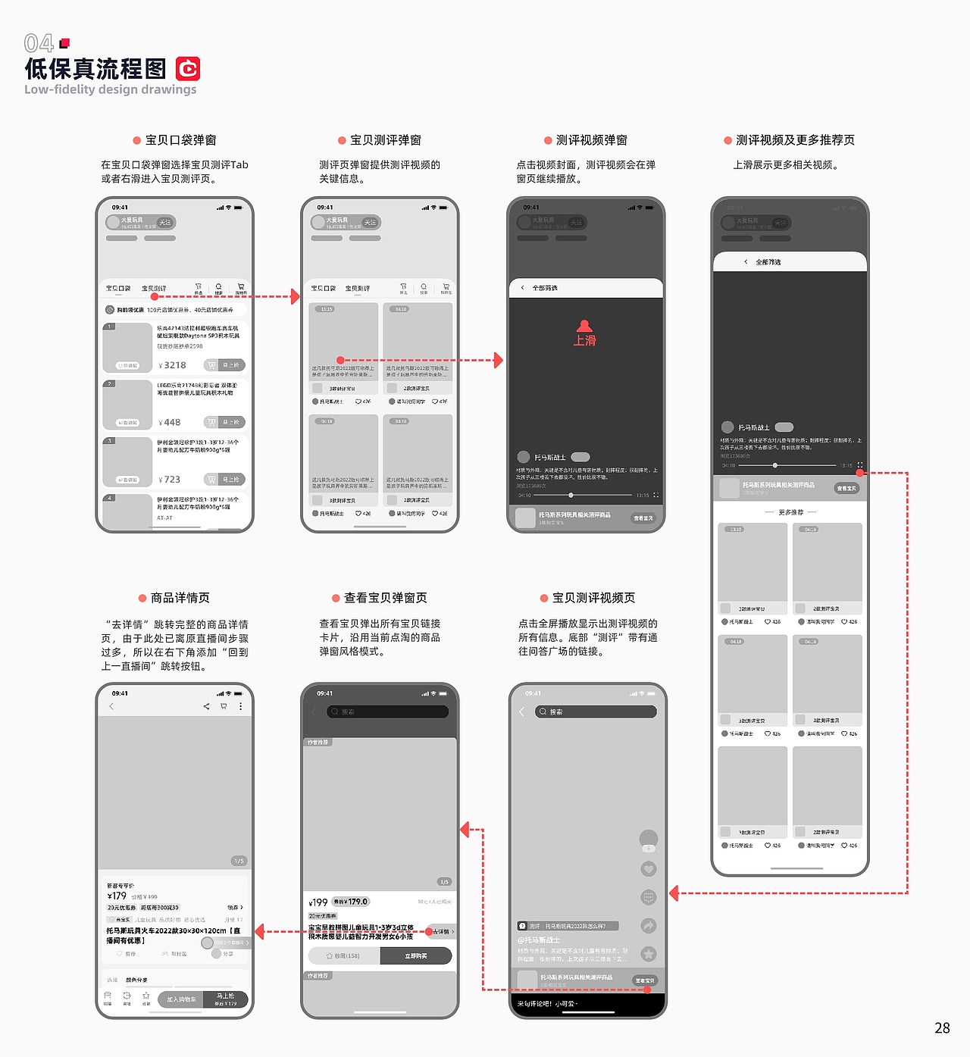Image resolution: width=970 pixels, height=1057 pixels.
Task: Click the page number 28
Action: [x=942, y=1028]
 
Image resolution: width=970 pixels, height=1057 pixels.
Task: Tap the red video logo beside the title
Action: [x=188, y=69]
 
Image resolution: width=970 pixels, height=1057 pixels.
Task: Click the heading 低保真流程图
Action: [x=95, y=69]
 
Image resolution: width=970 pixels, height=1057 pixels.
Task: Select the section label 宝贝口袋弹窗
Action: [x=180, y=140]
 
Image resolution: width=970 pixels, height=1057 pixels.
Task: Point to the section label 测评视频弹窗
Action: [x=591, y=140]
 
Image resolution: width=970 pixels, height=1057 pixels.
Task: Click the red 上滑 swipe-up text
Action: [x=584, y=341]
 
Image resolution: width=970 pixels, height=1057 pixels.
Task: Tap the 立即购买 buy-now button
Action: [x=416, y=956]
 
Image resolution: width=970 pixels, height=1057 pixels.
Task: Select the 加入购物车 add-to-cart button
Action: [x=182, y=999]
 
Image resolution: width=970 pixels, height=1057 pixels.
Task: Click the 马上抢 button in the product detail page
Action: [x=226, y=999]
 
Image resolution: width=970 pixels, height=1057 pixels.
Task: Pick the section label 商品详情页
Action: [x=180, y=598]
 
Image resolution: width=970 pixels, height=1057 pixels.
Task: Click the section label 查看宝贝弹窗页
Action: [x=385, y=598]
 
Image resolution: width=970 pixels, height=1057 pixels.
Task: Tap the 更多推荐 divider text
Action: [x=790, y=512]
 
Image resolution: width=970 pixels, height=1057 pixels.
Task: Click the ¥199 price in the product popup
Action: [x=318, y=902]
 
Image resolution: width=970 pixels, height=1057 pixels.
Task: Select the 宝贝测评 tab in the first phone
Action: [x=154, y=289]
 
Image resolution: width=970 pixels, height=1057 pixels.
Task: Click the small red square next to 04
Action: [x=64, y=43]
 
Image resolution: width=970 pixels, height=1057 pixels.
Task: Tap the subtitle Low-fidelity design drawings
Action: [x=110, y=89]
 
